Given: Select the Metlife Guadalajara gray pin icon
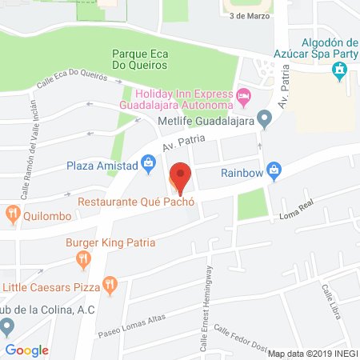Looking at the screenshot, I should point(266,120).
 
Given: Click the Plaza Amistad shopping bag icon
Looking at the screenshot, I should point(148,164).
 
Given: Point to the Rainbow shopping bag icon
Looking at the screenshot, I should point(274,170).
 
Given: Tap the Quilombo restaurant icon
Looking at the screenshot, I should point(12,213).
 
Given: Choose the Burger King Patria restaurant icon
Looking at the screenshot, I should point(83,258).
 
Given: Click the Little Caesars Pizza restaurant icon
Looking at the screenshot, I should point(110,283).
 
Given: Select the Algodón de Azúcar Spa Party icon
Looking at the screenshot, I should point(339,70).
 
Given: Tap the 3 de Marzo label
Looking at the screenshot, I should point(250,14).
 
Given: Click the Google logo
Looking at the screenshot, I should point(27,350).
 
